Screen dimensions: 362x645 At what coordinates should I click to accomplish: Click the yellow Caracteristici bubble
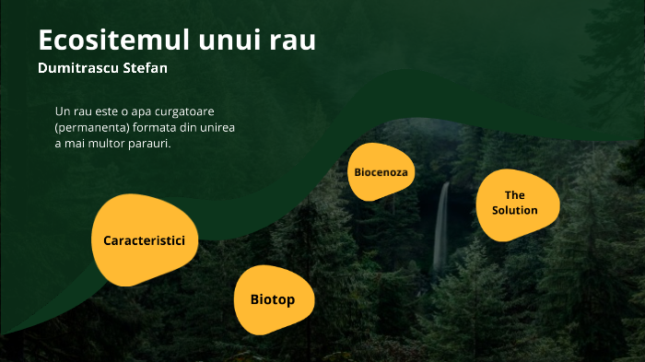pyautogui.click(x=144, y=240)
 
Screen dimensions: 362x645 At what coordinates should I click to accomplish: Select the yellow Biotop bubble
pyautogui.click(x=273, y=299)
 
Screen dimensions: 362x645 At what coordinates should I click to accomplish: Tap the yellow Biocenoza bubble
pyautogui.click(x=381, y=172)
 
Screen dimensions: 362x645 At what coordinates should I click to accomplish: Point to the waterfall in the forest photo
pyautogui.click(x=441, y=226)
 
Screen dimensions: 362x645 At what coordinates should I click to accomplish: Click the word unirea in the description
pyautogui.click(x=217, y=128)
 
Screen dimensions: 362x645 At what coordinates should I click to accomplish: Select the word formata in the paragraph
pyautogui.click(x=152, y=128)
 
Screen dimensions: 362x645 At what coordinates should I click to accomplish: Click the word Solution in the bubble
pyautogui.click(x=515, y=210)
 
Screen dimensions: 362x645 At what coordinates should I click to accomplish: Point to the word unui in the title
pyautogui.click(x=227, y=41)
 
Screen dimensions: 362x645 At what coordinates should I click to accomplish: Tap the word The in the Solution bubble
pyautogui.click(x=515, y=195)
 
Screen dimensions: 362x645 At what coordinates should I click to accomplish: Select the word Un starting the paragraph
pyautogui.click(x=63, y=111)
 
